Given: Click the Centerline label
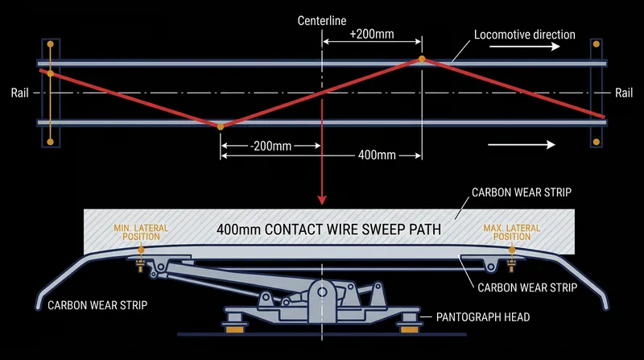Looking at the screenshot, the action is click(321, 21).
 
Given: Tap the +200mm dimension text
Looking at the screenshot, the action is click(372, 34).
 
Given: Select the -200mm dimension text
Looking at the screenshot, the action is click(270, 146).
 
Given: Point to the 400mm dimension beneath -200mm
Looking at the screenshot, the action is click(377, 155).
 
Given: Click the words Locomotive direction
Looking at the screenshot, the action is click(525, 35).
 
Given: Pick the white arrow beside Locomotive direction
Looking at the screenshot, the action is click(525, 46).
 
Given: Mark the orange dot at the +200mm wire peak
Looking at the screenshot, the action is click(422, 59).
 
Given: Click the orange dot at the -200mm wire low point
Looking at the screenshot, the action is click(221, 127).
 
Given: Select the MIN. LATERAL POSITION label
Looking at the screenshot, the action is click(141, 232).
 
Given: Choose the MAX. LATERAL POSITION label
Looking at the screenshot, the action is click(512, 232).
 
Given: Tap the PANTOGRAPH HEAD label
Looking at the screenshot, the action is click(483, 317).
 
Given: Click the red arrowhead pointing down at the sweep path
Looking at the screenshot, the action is click(322, 200).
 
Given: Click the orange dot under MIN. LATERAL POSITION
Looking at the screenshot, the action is click(141, 250).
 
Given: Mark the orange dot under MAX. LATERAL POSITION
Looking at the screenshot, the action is click(512, 250).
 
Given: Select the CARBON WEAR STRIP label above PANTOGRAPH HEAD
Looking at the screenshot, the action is click(527, 288).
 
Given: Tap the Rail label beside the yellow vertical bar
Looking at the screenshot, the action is click(19, 93).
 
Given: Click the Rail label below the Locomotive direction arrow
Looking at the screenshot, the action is click(624, 93).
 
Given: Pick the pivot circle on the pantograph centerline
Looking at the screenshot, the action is click(322, 292).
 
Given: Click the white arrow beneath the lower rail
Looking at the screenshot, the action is click(521, 144).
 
